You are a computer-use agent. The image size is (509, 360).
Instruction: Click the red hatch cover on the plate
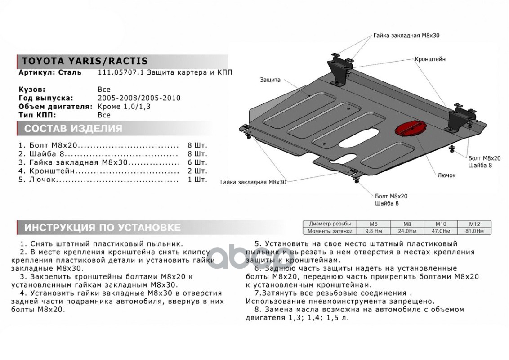pyautogui.click(x=407, y=128)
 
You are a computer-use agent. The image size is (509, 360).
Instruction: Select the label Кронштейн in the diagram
pyautogui.click(x=430, y=59)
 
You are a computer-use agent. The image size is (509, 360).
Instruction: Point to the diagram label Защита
pyautogui.click(x=270, y=80)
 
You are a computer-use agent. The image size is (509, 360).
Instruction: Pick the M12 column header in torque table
pyautogui.click(x=474, y=224)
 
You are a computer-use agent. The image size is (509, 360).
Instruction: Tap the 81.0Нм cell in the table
pyautogui.click(x=474, y=231)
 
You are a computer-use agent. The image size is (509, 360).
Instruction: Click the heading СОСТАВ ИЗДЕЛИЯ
pyautogui.click(x=73, y=129)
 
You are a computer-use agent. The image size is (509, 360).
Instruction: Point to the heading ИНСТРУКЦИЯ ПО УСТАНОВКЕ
pyautogui.click(x=102, y=227)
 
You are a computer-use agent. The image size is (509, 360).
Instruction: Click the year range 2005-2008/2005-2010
pyautogui.click(x=139, y=98)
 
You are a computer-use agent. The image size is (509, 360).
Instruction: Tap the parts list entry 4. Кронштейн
pyautogui.click(x=46, y=171)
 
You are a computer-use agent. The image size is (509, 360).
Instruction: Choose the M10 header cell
pyautogui.click(x=441, y=224)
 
